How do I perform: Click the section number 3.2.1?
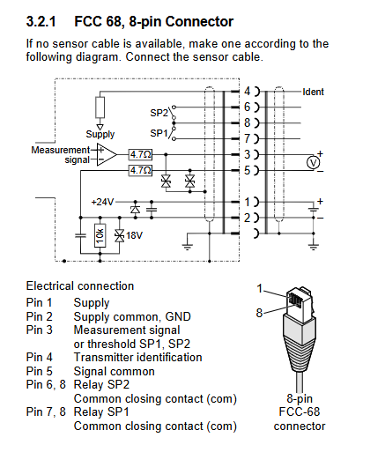[x=41, y=22]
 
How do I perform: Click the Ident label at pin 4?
[x=313, y=92]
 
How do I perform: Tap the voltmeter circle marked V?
[x=313, y=163]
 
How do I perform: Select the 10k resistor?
[x=100, y=235]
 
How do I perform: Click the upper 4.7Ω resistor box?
[x=141, y=154]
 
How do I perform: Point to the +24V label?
[x=102, y=202]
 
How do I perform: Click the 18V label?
[x=134, y=235]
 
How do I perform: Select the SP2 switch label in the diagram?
[x=159, y=113]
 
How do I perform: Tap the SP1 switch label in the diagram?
[x=159, y=133]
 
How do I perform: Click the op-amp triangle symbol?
[x=107, y=154]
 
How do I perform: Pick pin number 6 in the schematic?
[x=248, y=107]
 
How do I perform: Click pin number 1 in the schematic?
[x=248, y=203]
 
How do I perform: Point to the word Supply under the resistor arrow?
[x=100, y=134]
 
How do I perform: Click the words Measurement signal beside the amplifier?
[x=61, y=155]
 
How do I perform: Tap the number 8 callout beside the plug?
[x=259, y=313]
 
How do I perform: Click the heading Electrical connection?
[x=80, y=285]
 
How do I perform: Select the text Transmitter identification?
[x=137, y=357]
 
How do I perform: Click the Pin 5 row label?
[x=39, y=371]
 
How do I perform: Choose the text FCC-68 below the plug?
[x=300, y=411]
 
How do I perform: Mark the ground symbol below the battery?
[x=314, y=247]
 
